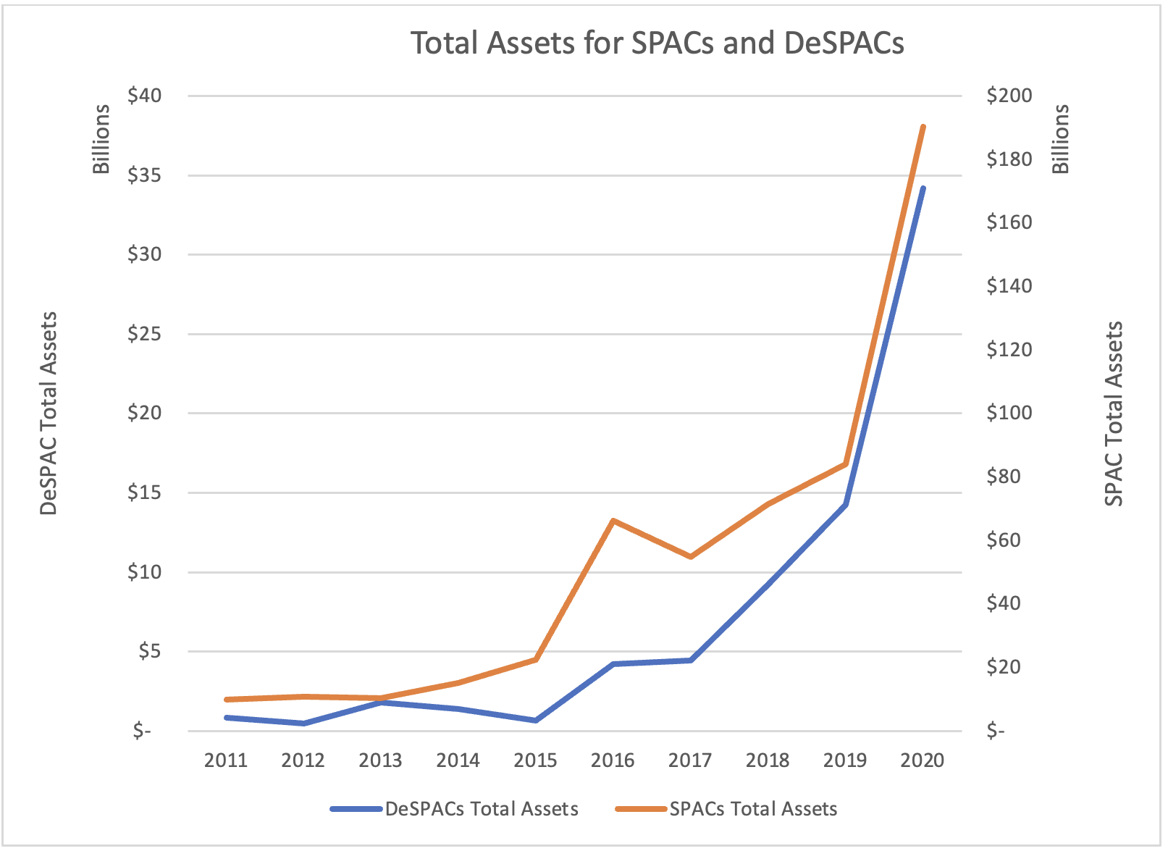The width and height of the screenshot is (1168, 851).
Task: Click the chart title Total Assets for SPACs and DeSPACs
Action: (x=657, y=43)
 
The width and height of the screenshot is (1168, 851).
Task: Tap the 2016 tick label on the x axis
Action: (x=613, y=760)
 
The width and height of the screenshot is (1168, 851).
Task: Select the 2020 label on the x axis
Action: (x=922, y=760)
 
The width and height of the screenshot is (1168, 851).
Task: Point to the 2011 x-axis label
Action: (x=226, y=760)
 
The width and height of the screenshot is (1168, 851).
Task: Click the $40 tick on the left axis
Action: (x=144, y=96)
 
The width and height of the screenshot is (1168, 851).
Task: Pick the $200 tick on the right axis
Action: (x=1009, y=96)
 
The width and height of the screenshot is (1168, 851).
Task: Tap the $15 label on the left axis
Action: (x=144, y=492)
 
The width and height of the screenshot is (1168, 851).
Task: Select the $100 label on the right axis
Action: (x=1009, y=413)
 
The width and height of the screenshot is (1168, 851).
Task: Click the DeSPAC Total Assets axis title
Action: (x=49, y=413)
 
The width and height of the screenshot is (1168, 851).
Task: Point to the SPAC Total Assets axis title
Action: (x=1114, y=413)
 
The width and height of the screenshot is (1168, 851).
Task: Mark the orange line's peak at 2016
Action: (x=613, y=521)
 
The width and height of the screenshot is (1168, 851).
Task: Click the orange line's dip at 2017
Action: (x=691, y=556)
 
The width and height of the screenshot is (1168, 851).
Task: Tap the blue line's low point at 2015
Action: (x=536, y=720)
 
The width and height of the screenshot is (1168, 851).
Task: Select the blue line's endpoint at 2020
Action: (x=923, y=188)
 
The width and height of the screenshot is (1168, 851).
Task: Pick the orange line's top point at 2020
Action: (x=923, y=127)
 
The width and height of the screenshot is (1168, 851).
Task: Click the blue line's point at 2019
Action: (x=845, y=504)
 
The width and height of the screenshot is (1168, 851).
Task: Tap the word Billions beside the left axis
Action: (x=101, y=139)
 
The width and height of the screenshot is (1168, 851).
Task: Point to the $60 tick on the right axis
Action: (x=1004, y=540)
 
